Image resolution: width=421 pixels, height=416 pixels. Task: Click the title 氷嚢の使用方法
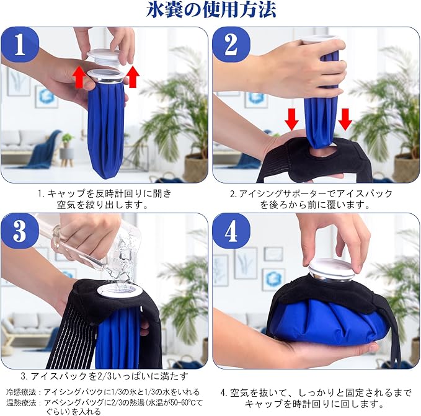tap(211, 10)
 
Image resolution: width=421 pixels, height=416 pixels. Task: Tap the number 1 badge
tap(20, 45)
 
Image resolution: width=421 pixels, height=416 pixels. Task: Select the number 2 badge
tap(231, 45)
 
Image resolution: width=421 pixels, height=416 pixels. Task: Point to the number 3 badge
tap(20, 231)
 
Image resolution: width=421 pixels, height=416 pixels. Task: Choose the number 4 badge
tap(231, 231)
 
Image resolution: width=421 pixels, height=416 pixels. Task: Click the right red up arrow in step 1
tap(132, 77)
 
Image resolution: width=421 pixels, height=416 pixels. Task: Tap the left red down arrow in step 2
tap(292, 120)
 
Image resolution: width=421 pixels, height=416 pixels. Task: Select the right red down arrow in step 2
tap(345, 120)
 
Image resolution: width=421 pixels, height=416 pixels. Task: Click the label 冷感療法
tap(21, 392)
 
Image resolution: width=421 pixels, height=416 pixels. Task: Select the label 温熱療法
tap(21, 403)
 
